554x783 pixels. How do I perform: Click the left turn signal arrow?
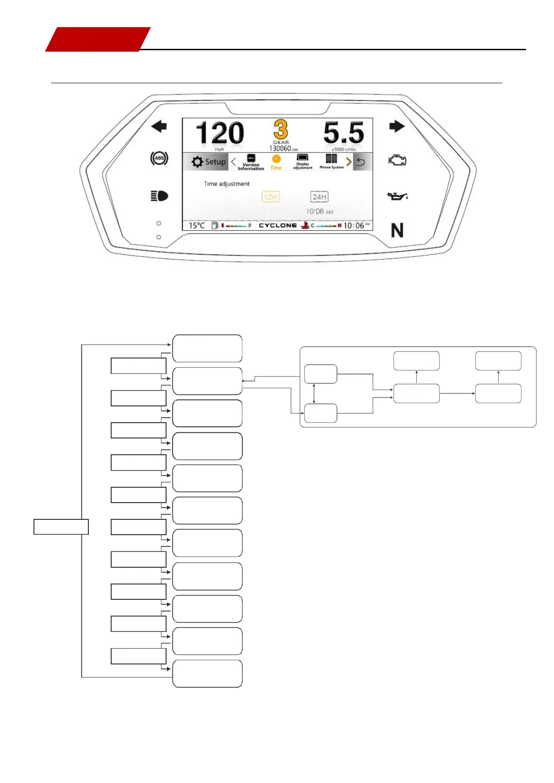(x=159, y=126)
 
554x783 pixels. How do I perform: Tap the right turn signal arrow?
(x=397, y=126)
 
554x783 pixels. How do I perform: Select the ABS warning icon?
(x=159, y=158)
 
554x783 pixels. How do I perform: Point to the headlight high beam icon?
(x=159, y=196)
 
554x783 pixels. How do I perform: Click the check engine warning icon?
(x=397, y=160)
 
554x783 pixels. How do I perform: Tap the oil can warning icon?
(x=397, y=196)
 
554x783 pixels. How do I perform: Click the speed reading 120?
(x=220, y=133)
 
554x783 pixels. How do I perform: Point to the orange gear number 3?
(x=280, y=129)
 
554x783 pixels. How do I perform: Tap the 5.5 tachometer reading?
(x=343, y=133)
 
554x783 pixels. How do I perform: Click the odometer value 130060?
(x=280, y=148)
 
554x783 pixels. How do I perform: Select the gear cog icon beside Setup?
(x=197, y=162)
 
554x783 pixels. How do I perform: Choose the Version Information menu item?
(x=251, y=162)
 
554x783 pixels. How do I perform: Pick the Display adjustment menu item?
(x=302, y=161)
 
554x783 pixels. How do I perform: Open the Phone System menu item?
(x=331, y=161)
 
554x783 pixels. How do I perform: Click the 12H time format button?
(x=270, y=197)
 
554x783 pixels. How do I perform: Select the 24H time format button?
(x=319, y=197)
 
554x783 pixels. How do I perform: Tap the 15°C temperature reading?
(x=196, y=226)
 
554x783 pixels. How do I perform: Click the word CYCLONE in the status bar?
(x=277, y=226)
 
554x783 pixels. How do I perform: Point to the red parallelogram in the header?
(x=98, y=39)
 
